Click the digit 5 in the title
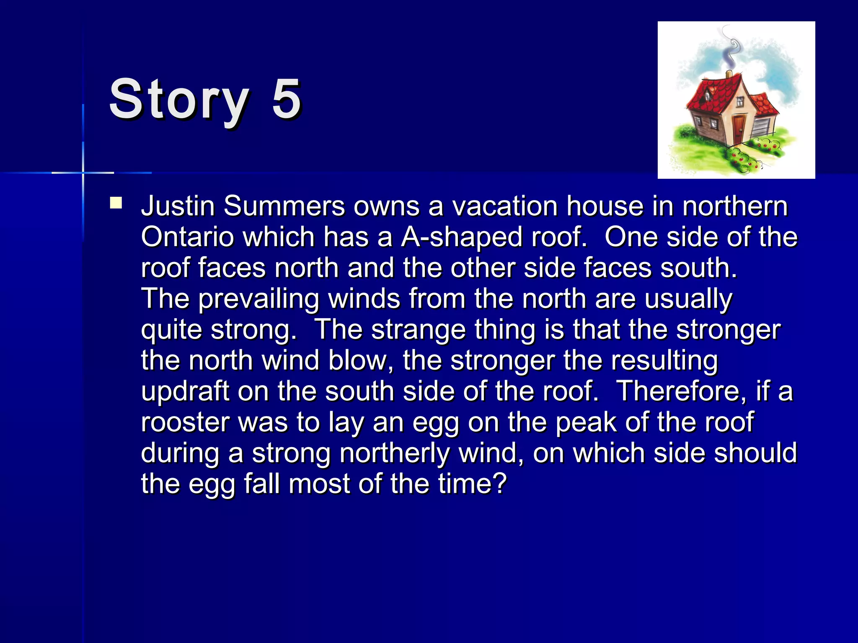287,100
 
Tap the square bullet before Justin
116,203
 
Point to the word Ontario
187,237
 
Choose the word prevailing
258,299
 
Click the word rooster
185,422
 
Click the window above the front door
740,101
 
